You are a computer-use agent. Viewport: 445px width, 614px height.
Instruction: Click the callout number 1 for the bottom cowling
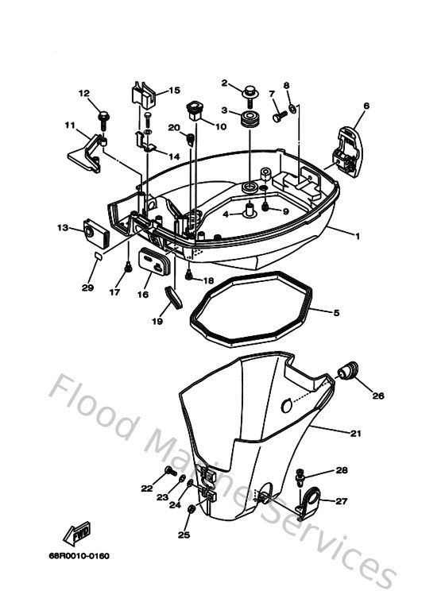358,236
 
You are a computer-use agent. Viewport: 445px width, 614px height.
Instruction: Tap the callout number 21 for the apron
355,432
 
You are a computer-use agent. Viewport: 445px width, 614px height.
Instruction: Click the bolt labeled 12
103,118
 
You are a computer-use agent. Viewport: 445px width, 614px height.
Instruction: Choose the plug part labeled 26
348,371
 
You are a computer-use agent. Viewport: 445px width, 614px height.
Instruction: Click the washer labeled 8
293,106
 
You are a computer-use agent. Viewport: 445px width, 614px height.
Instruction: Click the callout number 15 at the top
174,91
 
